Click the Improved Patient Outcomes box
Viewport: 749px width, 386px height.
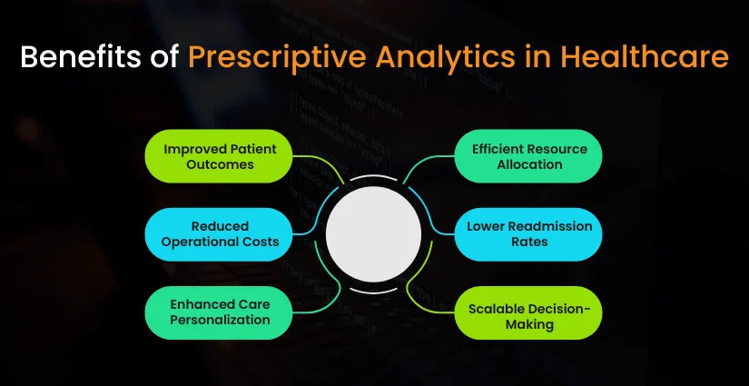(x=219, y=156)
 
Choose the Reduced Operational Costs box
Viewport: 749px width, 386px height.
(x=219, y=233)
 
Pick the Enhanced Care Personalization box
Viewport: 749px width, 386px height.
(x=219, y=312)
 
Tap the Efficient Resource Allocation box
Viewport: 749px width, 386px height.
(x=528, y=156)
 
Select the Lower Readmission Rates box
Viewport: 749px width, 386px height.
(x=528, y=233)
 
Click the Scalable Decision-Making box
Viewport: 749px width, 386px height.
(x=528, y=312)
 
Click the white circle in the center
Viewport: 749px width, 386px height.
(x=373, y=234)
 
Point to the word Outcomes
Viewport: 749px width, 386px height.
(x=219, y=164)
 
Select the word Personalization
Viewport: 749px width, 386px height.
(x=219, y=320)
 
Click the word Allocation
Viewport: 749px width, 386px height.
(x=529, y=164)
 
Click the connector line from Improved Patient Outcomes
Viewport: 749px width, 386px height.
(x=318, y=158)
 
